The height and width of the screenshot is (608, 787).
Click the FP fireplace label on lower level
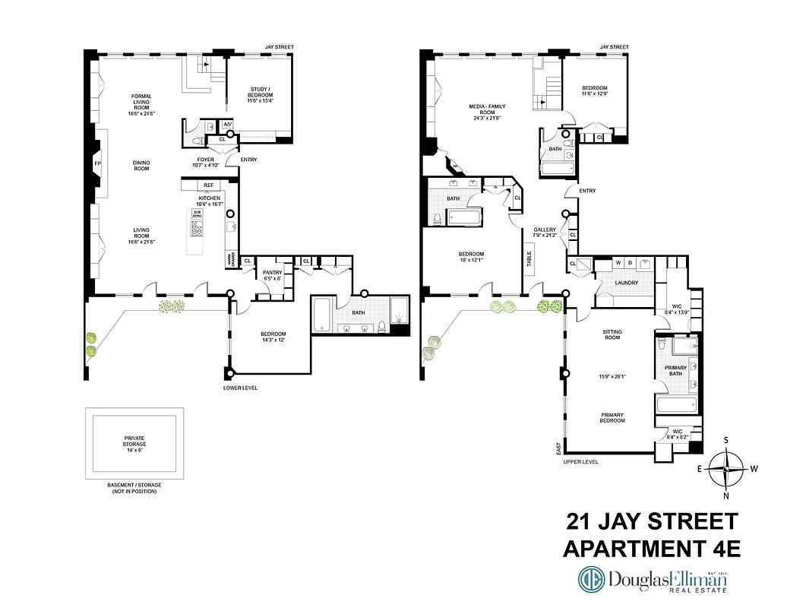point(97,163)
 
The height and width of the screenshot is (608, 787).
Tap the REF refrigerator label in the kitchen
point(208,185)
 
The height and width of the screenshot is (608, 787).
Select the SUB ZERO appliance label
point(197,214)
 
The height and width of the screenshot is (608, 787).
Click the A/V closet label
point(226,125)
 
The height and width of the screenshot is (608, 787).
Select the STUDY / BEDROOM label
point(261,92)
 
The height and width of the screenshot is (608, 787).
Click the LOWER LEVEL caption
point(240,388)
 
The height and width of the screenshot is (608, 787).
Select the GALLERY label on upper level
point(545,229)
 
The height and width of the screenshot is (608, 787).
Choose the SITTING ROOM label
point(612,332)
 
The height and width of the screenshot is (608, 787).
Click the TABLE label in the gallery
point(529,258)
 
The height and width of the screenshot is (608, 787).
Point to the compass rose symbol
point(726,468)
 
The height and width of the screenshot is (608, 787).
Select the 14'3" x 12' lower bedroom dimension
point(273,340)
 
